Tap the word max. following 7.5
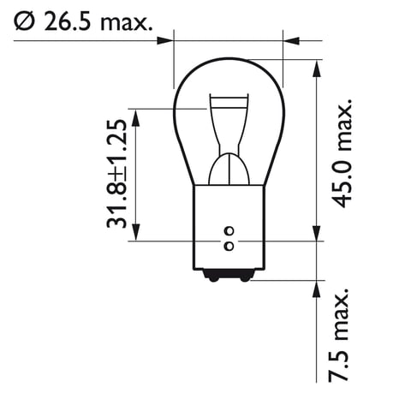click(x=340, y=313)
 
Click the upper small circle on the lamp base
click(x=228, y=231)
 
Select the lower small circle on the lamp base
click(x=228, y=247)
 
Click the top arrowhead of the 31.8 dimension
click(x=137, y=115)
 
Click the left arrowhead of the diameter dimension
click(x=165, y=39)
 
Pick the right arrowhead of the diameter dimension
click(x=291, y=39)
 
